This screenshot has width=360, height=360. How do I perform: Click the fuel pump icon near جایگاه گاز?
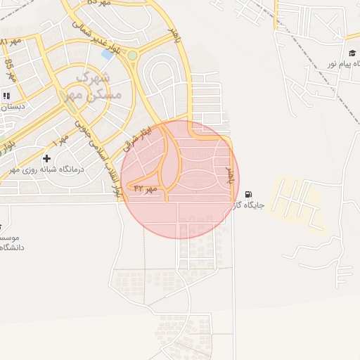[248, 195]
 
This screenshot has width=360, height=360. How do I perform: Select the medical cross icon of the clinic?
[47, 159]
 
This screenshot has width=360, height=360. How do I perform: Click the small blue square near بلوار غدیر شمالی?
[107, 53]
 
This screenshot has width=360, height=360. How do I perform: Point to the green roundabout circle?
[132, 55]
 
